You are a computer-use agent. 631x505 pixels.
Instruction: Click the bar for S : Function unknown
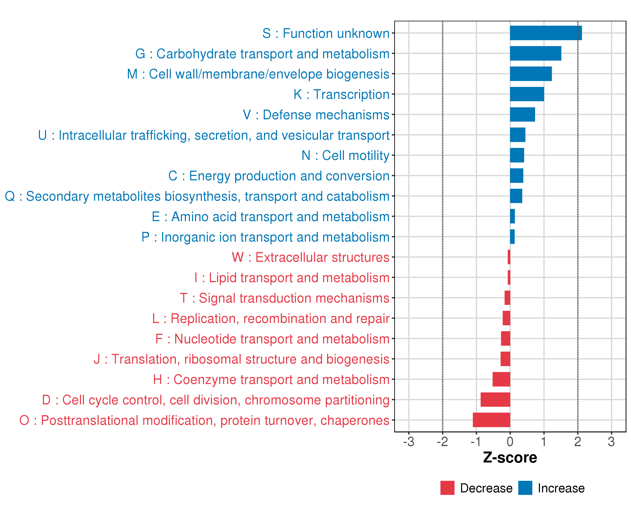pyautogui.click(x=546, y=33)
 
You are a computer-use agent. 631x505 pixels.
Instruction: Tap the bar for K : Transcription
pyautogui.click(x=527, y=94)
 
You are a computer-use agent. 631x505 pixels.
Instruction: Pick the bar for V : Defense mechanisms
pyautogui.click(x=522, y=114)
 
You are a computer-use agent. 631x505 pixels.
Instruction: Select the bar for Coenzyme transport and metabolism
pyautogui.click(x=501, y=379)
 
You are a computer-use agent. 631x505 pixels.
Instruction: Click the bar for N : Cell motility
pyautogui.click(x=517, y=155)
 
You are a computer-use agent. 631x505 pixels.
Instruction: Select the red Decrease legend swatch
pyautogui.click(x=447, y=488)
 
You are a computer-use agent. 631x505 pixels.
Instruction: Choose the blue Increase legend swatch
pyautogui.click(x=525, y=488)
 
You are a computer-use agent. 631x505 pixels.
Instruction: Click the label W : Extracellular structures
pyautogui.click(x=310, y=257)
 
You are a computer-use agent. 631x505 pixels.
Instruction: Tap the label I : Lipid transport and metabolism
pyautogui.click(x=292, y=278)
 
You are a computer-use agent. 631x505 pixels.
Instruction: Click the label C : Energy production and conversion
pyautogui.click(x=279, y=176)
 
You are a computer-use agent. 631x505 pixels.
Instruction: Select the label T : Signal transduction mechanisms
pyautogui.click(x=285, y=298)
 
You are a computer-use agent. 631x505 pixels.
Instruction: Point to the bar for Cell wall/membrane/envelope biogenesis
pyautogui.click(x=531, y=74)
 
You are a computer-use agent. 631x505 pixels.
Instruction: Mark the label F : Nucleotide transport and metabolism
pyautogui.click(x=272, y=339)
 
